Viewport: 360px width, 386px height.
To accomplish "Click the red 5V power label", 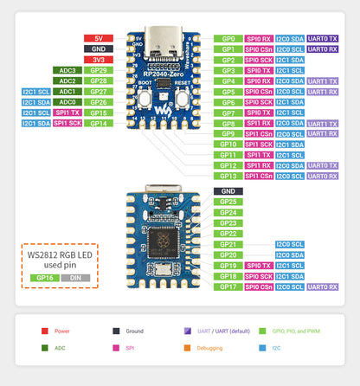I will click(98, 39).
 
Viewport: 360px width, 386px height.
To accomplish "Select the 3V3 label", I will click(98, 60).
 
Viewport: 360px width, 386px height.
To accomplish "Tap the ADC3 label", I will click(67, 70).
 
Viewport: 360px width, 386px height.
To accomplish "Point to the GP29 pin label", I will click(98, 70).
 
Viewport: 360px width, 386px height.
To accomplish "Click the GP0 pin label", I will click(228, 39).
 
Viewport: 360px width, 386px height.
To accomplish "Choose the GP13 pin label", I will click(228, 176).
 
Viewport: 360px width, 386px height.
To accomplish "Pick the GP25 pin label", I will click(228, 202).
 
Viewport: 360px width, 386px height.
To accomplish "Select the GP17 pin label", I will click(228, 286).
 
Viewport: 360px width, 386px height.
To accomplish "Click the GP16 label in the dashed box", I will click(42, 278).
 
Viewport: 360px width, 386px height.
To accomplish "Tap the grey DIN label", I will click(74, 278).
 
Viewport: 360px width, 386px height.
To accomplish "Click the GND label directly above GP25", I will click(228, 190).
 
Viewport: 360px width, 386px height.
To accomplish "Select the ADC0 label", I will click(67, 101).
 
